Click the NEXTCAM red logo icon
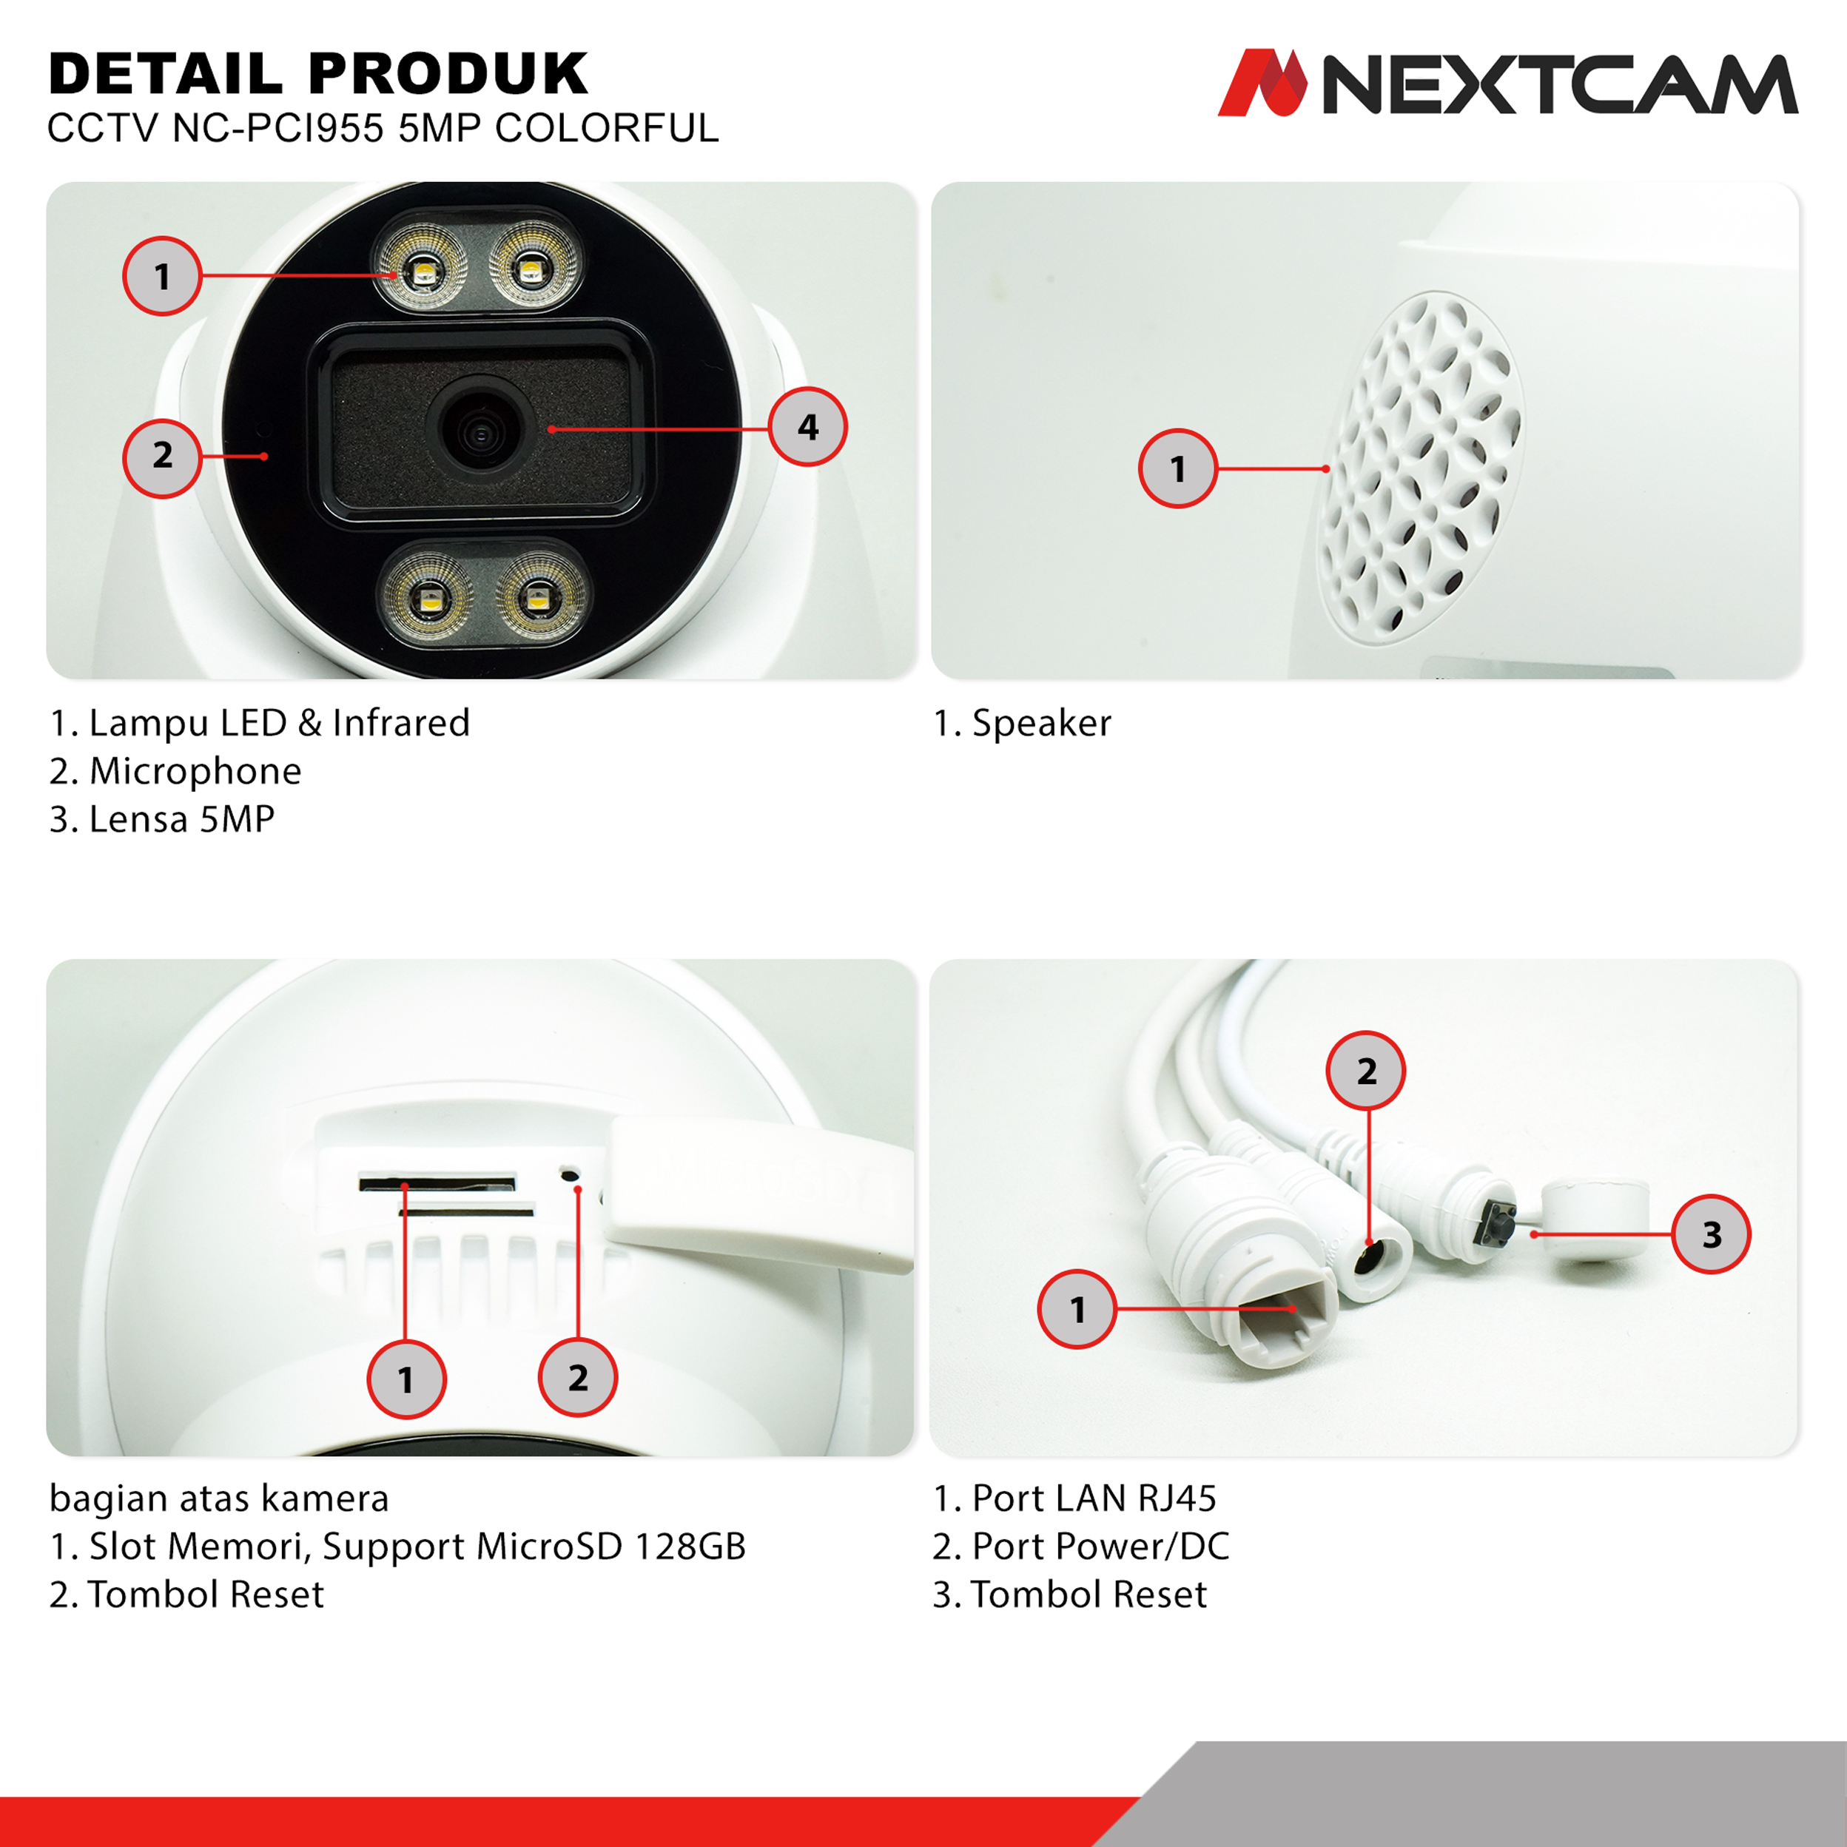pos(1262,82)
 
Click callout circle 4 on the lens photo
pos(808,426)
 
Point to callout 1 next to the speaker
pos(1178,468)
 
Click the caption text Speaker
pos(1041,723)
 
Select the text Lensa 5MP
pos(181,818)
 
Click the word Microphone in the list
pos(195,772)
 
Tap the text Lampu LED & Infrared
pos(279,724)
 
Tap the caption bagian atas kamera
pos(219,1498)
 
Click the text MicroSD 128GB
pos(611,1546)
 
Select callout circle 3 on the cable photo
pos(1712,1234)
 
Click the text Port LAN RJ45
pos(1094,1498)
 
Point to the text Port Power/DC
pos(1100,1546)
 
